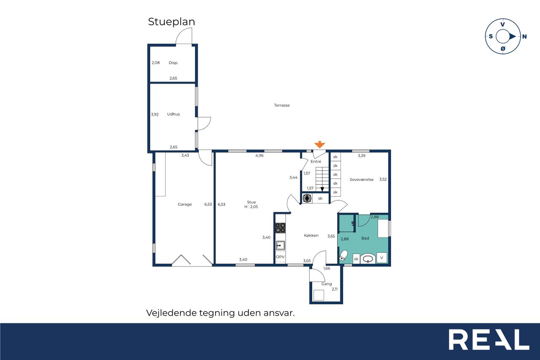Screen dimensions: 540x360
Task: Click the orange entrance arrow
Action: (x=320, y=144)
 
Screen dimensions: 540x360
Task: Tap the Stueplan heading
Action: (x=171, y=22)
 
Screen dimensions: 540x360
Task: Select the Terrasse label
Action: (x=282, y=105)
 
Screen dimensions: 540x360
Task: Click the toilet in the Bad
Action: (x=343, y=256)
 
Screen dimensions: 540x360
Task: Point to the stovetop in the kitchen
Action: (x=281, y=228)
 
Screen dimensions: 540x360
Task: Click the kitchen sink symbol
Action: (x=281, y=246)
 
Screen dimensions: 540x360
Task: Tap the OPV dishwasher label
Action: (x=280, y=257)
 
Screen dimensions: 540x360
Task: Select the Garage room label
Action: (x=185, y=204)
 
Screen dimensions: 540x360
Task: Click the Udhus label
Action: (x=173, y=114)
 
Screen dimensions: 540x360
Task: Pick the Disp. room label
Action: (x=173, y=63)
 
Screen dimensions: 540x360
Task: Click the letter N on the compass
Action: (x=524, y=37)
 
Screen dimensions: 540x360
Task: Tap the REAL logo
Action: (x=489, y=339)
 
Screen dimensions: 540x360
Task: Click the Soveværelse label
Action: (x=362, y=179)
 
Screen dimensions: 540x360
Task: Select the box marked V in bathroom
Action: (x=382, y=258)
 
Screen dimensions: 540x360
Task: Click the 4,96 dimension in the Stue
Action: (x=259, y=156)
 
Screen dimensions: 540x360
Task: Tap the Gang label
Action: (x=327, y=284)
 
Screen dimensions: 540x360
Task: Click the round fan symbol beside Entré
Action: (x=307, y=198)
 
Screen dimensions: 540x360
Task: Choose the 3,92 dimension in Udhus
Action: (x=155, y=114)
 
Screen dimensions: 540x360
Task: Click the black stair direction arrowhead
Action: (x=322, y=189)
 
